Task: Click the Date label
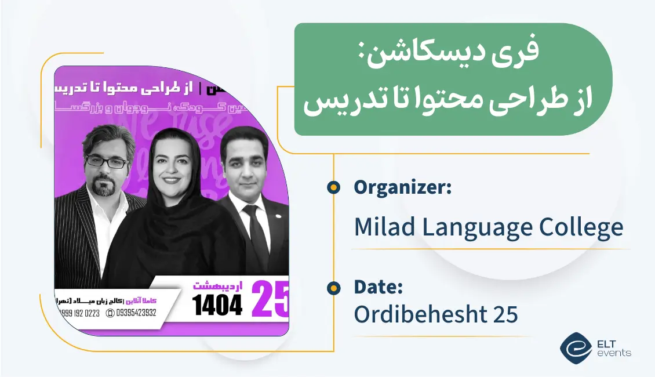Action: (378, 287)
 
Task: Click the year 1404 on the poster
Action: (217, 305)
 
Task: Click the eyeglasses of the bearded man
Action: (106, 163)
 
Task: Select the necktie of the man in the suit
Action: (255, 229)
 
